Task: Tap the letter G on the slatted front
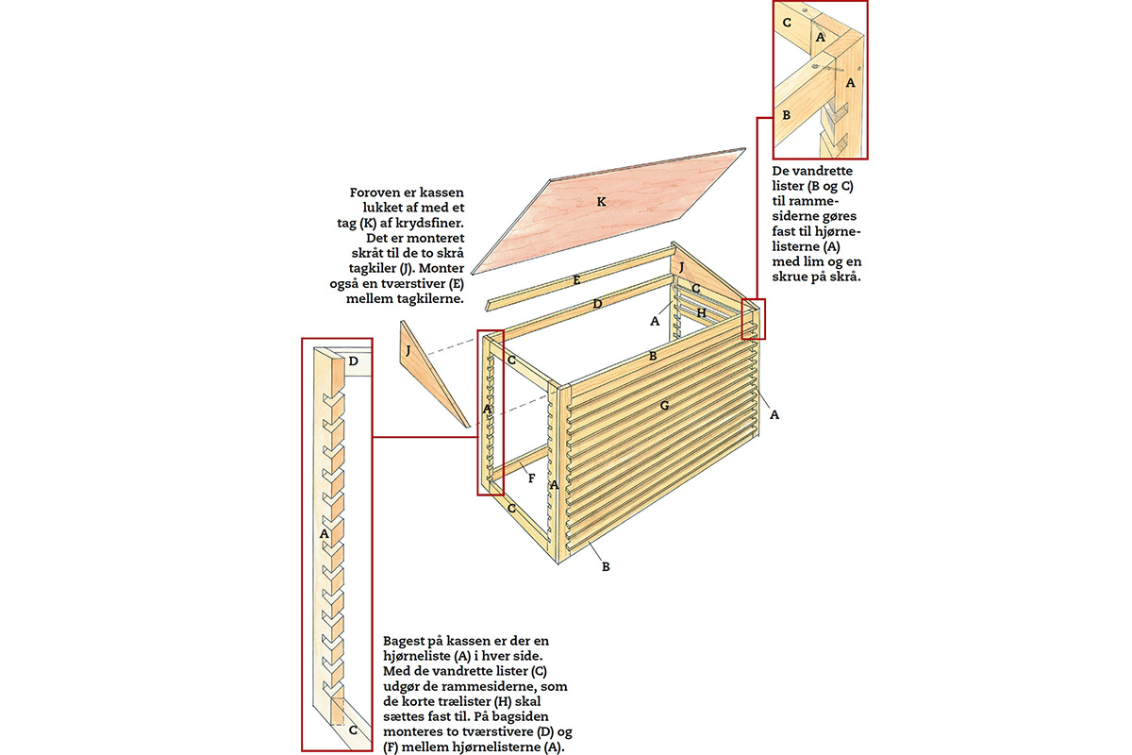point(664,405)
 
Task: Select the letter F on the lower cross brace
point(532,478)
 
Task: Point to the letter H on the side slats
point(702,311)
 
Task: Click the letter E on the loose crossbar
point(574,280)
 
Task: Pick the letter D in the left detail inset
point(353,361)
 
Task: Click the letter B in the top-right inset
point(786,115)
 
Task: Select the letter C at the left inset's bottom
point(351,730)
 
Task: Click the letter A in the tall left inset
point(325,533)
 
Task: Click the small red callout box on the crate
point(753,319)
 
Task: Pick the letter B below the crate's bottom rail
point(606,567)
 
